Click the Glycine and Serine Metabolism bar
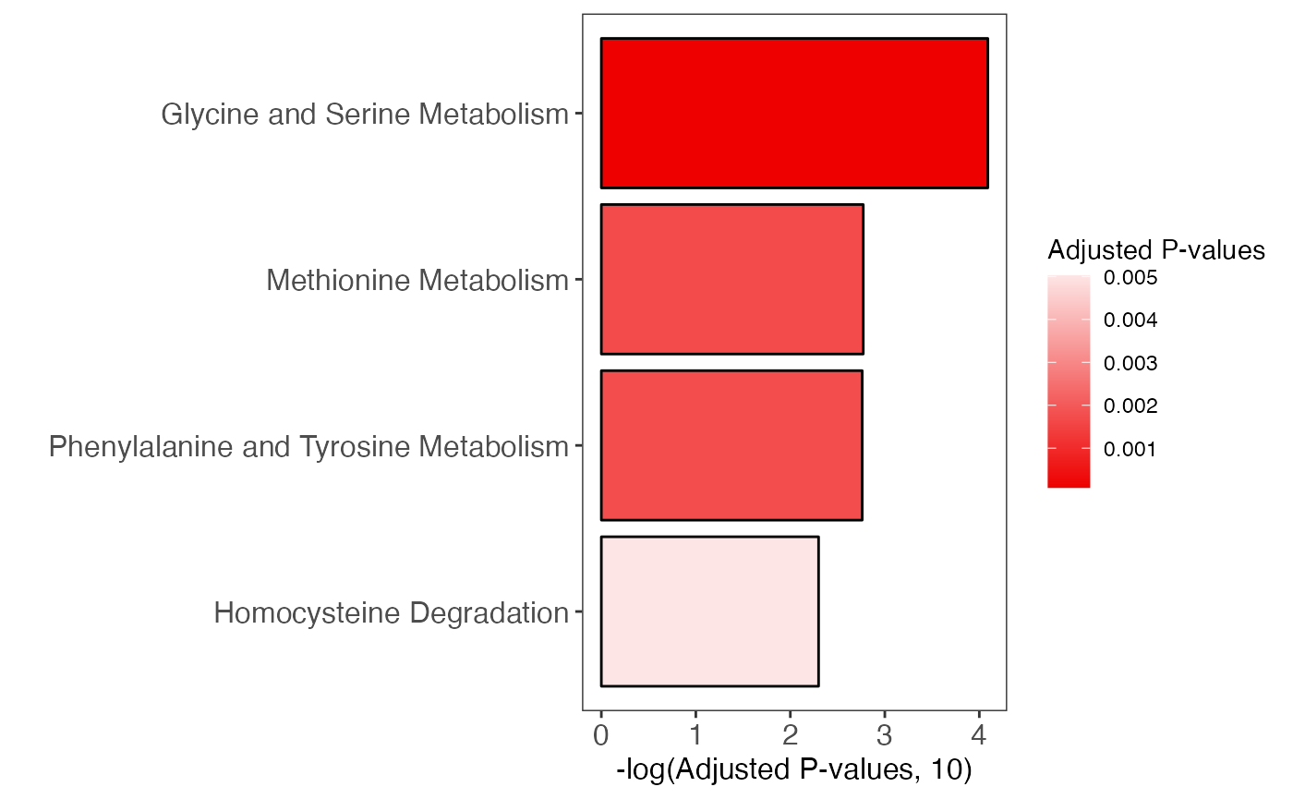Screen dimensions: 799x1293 [x=794, y=113]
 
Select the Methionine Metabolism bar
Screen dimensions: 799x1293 [x=731, y=279]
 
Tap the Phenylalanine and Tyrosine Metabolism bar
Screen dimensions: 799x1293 [x=731, y=445]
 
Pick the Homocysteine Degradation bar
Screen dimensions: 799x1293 [x=709, y=611]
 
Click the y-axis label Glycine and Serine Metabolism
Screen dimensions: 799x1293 [x=364, y=115]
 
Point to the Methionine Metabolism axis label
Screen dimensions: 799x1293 [x=417, y=280]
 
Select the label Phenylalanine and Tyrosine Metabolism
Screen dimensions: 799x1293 [x=308, y=447]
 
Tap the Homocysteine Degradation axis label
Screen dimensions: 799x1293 [x=391, y=612]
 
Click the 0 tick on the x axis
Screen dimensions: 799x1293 [x=601, y=736]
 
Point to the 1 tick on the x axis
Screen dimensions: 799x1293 [x=695, y=736]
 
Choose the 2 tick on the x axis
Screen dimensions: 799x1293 [x=791, y=736]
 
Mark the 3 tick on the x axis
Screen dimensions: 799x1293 [x=885, y=736]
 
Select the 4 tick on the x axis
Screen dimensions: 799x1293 [x=979, y=736]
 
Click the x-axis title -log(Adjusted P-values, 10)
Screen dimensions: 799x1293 [x=794, y=770]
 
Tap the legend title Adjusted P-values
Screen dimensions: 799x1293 [x=1155, y=250]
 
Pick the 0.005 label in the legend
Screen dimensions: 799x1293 [x=1130, y=278]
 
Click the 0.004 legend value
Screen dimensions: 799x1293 [x=1130, y=321]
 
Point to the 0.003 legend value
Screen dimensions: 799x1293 [x=1130, y=363]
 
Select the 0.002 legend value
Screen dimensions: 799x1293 [x=1130, y=406]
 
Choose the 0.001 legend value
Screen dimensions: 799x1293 [x=1130, y=449]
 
